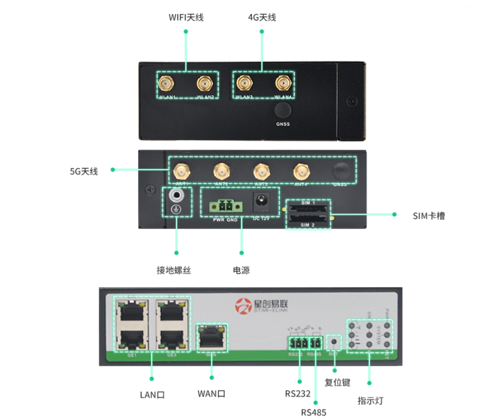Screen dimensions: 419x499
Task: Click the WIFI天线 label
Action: [185, 17]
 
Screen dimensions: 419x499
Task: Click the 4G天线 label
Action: [262, 17]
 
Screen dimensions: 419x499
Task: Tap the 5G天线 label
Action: [84, 171]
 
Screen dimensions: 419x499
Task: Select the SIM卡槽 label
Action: [428, 215]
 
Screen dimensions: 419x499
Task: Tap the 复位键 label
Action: [337, 382]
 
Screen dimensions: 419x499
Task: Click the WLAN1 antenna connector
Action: [168, 83]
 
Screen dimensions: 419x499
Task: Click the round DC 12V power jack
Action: [261, 202]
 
